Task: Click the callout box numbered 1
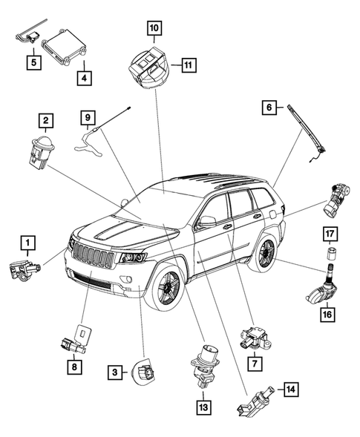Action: [27, 242]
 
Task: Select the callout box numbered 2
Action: [46, 119]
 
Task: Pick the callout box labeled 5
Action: [33, 62]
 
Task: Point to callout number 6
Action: [267, 108]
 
